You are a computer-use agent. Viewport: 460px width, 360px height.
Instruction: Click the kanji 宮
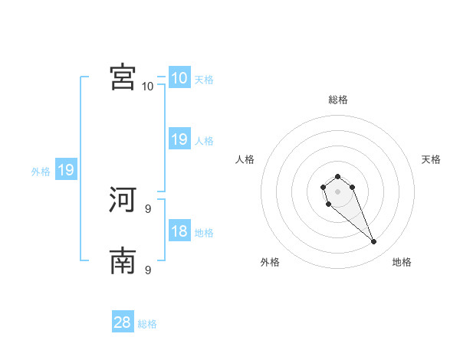click(123, 77)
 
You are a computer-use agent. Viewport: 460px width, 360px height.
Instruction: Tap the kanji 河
click(123, 200)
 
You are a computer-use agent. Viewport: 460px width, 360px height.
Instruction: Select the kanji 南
click(123, 261)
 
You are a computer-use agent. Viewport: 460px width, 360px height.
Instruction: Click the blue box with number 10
click(179, 78)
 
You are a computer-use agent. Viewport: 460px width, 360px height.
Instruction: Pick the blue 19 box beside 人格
click(179, 139)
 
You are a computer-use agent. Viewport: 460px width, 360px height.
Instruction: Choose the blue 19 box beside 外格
click(66, 170)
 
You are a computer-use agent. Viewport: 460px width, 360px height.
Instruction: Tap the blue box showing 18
click(179, 231)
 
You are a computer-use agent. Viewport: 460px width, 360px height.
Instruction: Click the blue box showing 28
click(123, 322)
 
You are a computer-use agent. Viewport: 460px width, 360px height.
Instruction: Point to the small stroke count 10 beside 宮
click(147, 86)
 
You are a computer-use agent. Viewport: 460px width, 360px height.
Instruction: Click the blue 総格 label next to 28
click(147, 324)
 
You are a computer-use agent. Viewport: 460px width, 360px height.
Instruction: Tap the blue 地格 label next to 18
click(204, 233)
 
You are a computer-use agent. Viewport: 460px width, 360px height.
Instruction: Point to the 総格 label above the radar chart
click(338, 100)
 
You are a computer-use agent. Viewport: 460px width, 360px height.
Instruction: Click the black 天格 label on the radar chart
click(432, 159)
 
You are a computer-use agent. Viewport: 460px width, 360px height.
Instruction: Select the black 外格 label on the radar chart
click(270, 262)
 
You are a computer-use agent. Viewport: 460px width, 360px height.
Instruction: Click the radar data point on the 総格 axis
click(338, 177)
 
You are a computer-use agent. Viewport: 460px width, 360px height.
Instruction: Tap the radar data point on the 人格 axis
click(324, 187)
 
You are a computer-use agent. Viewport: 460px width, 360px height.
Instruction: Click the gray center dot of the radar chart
click(338, 191)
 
